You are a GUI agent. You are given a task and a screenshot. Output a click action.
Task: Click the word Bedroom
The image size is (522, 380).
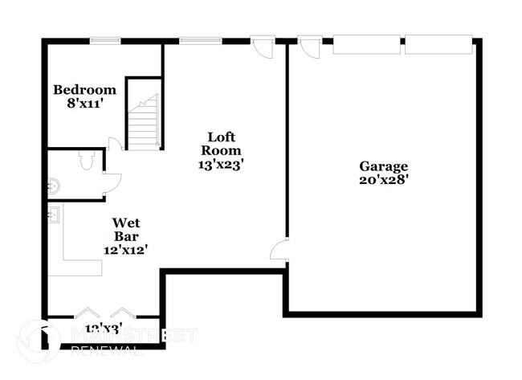pyautogui.click(x=84, y=90)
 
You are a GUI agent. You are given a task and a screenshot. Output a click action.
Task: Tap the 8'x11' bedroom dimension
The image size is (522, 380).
pyautogui.click(x=84, y=104)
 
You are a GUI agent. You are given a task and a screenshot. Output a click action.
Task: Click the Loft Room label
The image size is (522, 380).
pyautogui.click(x=221, y=143)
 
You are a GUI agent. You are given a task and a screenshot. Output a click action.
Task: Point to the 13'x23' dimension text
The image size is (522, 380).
pyautogui.click(x=221, y=164)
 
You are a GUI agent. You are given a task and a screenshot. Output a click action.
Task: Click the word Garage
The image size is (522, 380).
pyautogui.click(x=383, y=166)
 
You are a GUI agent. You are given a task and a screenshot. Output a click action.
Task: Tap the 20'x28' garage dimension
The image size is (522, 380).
pyautogui.click(x=383, y=180)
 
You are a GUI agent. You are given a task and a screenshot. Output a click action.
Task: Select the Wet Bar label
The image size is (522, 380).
pyautogui.click(x=125, y=230)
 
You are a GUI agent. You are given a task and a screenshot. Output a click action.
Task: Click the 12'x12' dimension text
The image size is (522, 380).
pyautogui.click(x=125, y=250)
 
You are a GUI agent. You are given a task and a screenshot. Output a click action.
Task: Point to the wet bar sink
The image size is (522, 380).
pyautogui.click(x=55, y=215)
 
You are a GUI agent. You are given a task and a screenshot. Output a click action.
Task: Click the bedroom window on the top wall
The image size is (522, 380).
pyautogui.click(x=105, y=40)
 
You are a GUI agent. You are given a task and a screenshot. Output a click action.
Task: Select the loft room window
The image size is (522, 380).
pyautogui.click(x=195, y=40)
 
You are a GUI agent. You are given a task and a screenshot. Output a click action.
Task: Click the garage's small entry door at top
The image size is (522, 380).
pyautogui.click(x=308, y=47)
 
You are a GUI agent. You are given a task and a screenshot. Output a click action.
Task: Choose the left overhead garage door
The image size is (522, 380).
pyautogui.click(x=366, y=45)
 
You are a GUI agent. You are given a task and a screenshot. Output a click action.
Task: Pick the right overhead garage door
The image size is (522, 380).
pyautogui.click(x=438, y=45)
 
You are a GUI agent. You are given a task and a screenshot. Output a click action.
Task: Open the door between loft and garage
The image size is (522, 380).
pyautogui.click(x=279, y=250)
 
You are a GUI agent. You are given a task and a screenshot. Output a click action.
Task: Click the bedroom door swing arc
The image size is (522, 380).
pyautogui.click(x=115, y=144)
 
